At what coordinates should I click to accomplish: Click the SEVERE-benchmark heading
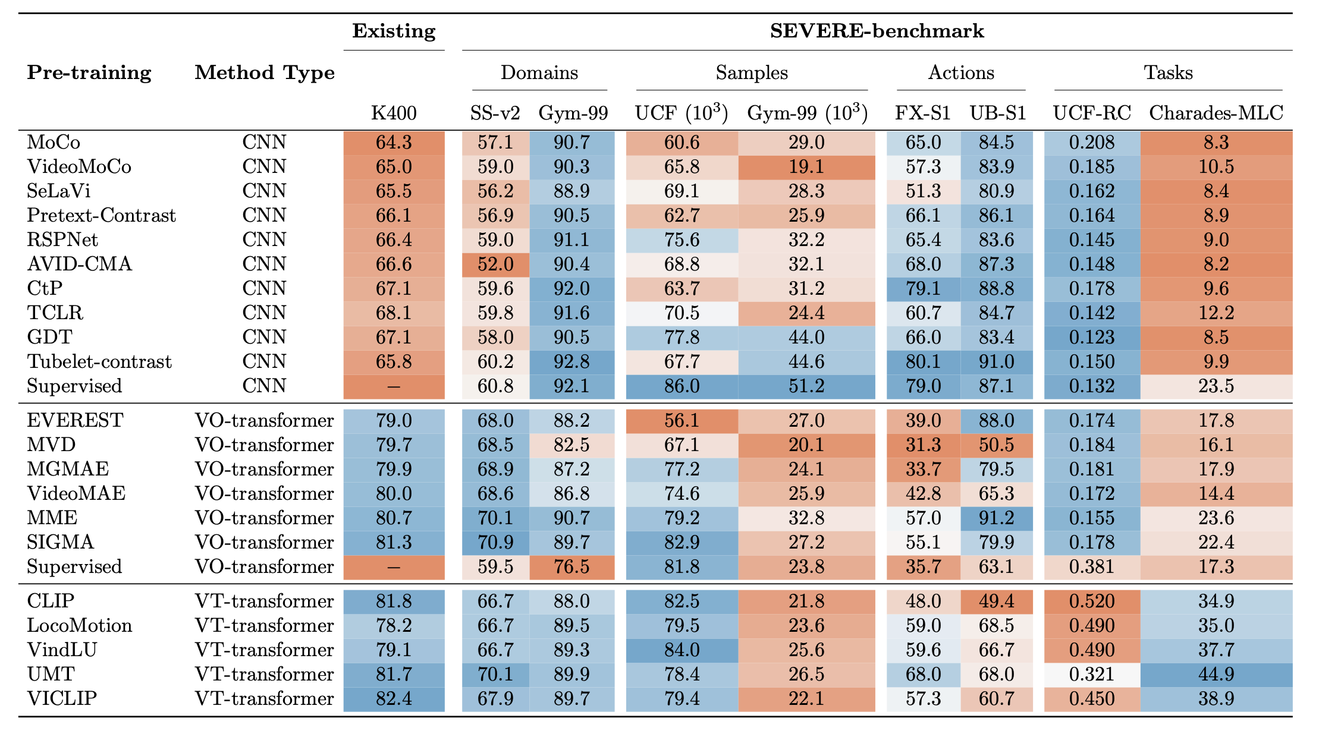pyautogui.click(x=877, y=31)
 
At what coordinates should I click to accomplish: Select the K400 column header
pyautogui.click(x=394, y=112)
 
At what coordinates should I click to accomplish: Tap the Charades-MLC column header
pyautogui.click(x=1216, y=112)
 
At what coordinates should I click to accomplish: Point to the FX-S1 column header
pyautogui.click(x=922, y=112)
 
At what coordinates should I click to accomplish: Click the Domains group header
pyautogui.click(x=539, y=73)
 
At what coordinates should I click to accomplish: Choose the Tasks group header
pyautogui.click(x=1168, y=73)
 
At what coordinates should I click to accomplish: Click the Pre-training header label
pyautogui.click(x=89, y=73)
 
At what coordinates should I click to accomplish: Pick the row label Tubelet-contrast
pyautogui.click(x=99, y=361)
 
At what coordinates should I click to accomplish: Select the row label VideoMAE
pyautogui.click(x=76, y=493)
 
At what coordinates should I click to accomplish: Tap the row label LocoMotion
pyautogui.click(x=80, y=625)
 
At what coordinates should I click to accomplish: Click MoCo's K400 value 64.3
pyautogui.click(x=394, y=143)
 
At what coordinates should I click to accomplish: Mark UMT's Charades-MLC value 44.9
pyautogui.click(x=1216, y=674)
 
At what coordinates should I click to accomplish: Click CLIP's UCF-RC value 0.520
pyautogui.click(x=1091, y=601)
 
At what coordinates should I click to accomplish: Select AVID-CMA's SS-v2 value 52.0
pyautogui.click(x=495, y=264)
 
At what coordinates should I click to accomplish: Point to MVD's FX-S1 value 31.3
pyautogui.click(x=923, y=445)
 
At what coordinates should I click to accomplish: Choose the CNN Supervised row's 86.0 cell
pyautogui.click(x=682, y=386)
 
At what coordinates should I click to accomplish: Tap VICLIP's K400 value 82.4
pyautogui.click(x=394, y=698)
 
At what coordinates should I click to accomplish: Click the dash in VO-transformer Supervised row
pyautogui.click(x=394, y=567)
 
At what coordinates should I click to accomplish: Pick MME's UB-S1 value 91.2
pyautogui.click(x=997, y=518)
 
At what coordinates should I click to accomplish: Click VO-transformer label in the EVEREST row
pyautogui.click(x=264, y=420)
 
